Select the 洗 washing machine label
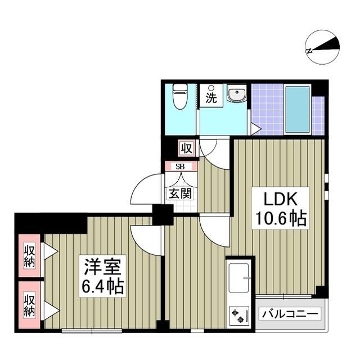click(x=210, y=98)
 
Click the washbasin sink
click(x=237, y=95)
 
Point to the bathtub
click(x=297, y=109)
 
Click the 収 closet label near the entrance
click(x=186, y=148)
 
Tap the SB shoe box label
click(x=179, y=166)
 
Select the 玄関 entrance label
click(x=179, y=193)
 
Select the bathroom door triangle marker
click(x=255, y=129)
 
